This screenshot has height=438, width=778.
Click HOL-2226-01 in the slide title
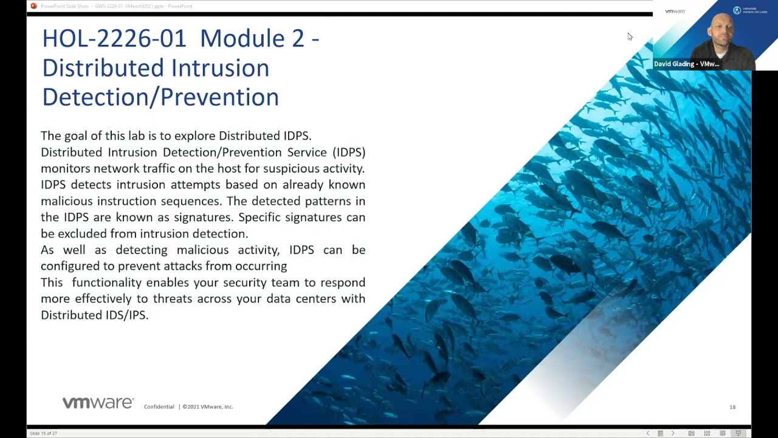point(114,39)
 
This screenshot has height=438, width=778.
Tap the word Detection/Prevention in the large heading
point(160,97)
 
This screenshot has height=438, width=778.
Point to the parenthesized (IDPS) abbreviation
point(349,152)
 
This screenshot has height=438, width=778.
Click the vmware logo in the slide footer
point(98,403)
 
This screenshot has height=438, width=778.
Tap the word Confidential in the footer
point(159,407)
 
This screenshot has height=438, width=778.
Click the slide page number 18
point(732,407)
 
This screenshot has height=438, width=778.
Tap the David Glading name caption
point(686,64)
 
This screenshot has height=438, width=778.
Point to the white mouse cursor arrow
point(629,36)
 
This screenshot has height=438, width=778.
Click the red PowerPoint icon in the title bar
point(33,6)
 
